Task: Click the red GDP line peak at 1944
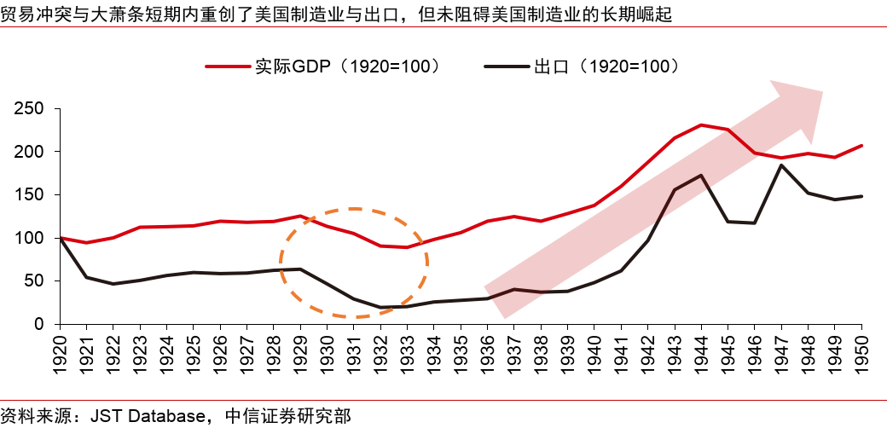701,125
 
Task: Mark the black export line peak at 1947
781,165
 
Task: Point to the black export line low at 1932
380,307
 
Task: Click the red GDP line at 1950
861,146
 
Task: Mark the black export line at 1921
86,277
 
